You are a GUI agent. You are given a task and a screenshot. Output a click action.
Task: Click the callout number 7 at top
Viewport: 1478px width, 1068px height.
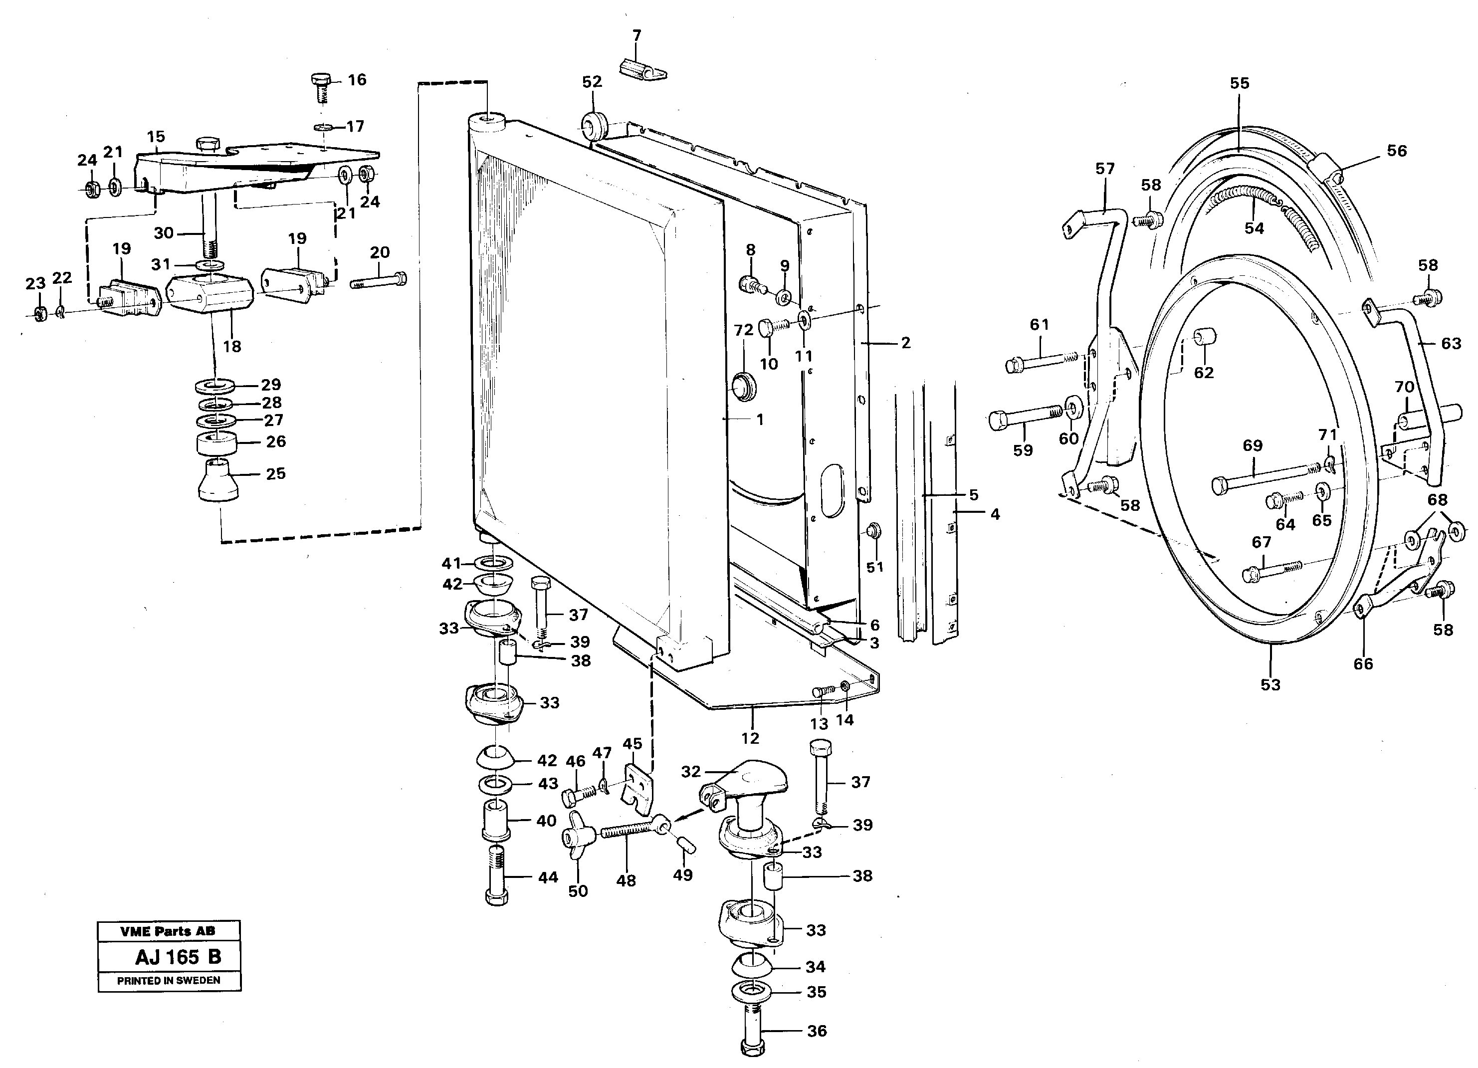tap(636, 35)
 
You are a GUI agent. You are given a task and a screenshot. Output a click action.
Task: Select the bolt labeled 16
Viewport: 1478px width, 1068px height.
tap(320, 87)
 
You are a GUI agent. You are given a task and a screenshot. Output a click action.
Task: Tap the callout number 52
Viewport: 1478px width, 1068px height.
tap(592, 82)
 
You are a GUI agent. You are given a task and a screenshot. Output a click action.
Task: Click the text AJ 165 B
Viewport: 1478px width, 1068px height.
tap(178, 957)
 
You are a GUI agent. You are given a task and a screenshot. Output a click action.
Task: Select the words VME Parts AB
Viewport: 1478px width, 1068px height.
tap(168, 931)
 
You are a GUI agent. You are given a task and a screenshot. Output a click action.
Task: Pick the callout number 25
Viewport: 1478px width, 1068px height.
tap(276, 474)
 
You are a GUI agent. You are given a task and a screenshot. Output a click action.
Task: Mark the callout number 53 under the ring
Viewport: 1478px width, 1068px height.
tap(1270, 685)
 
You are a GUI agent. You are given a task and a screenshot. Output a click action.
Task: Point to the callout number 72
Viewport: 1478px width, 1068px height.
tap(744, 330)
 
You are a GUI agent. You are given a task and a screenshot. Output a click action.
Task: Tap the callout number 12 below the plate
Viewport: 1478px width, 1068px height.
tap(750, 738)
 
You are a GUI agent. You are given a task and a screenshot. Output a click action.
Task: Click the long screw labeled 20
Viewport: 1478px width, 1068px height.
tap(379, 281)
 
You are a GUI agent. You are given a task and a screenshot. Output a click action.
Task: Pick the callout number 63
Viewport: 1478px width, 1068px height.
tap(1451, 343)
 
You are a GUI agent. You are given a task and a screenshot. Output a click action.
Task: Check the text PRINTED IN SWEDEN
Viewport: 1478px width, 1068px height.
tap(168, 981)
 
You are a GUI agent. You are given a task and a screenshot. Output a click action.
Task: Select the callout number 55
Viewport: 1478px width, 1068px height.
tap(1240, 83)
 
